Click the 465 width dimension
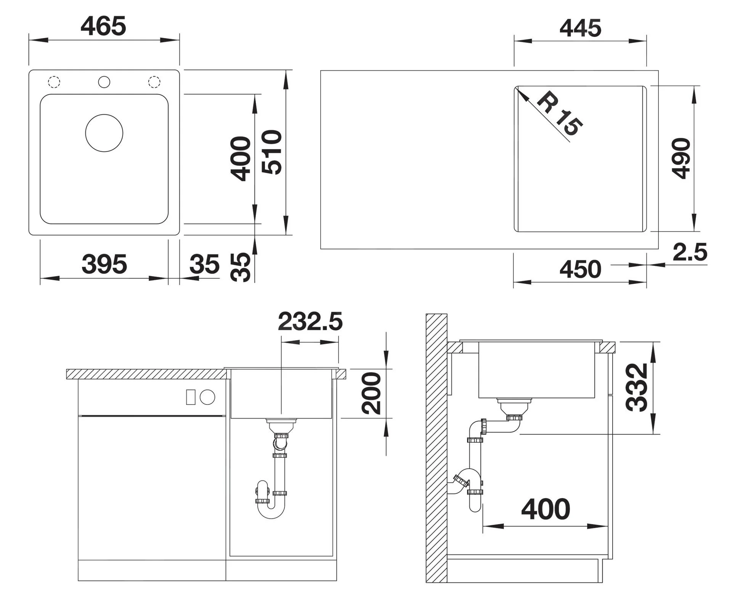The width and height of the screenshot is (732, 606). (x=103, y=26)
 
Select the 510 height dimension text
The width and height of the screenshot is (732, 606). (x=272, y=152)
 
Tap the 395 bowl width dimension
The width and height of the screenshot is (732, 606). (x=104, y=264)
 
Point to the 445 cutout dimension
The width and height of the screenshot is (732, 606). (x=580, y=28)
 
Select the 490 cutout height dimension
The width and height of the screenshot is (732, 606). (x=681, y=158)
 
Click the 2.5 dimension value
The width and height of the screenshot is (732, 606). (x=690, y=252)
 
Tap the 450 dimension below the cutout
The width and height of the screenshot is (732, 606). (x=580, y=269)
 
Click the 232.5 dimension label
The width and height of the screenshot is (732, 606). (x=310, y=321)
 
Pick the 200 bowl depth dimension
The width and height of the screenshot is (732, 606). (x=371, y=393)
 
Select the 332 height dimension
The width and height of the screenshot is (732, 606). (x=637, y=387)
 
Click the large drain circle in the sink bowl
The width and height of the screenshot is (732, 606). (x=104, y=133)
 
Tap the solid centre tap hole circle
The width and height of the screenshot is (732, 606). (x=104, y=82)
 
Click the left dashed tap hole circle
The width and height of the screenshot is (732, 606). (x=54, y=82)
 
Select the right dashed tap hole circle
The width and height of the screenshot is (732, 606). (x=154, y=82)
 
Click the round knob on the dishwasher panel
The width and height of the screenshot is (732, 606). (x=207, y=397)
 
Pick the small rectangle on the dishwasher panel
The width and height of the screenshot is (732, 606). (x=191, y=397)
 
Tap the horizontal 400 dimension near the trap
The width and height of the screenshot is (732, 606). (x=546, y=509)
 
